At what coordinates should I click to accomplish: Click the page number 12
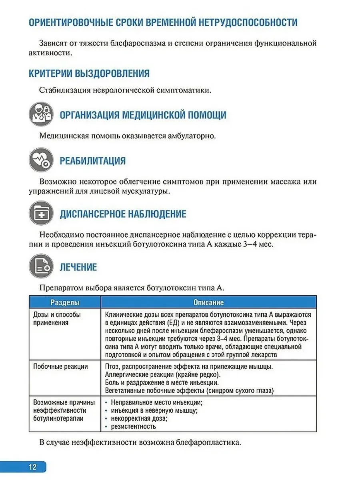tap(32, 467)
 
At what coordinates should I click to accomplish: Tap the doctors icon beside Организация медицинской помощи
tap(41, 114)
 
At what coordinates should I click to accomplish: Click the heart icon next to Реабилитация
tap(41, 160)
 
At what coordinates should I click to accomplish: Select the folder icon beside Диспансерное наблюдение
tap(41, 214)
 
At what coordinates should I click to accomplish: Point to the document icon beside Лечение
tap(41, 267)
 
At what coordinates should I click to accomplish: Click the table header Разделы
tap(64, 302)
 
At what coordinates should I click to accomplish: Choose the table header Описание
tap(208, 302)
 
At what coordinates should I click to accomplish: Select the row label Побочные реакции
tap(60, 366)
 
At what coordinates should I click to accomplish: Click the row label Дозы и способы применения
tap(57, 319)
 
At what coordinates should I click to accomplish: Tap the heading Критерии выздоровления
tap(89, 74)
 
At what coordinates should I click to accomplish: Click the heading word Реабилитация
tap(92, 161)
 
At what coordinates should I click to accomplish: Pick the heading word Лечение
tap(78, 267)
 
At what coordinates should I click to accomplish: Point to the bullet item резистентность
tap(133, 426)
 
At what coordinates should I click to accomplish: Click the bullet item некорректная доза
tap(139, 418)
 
